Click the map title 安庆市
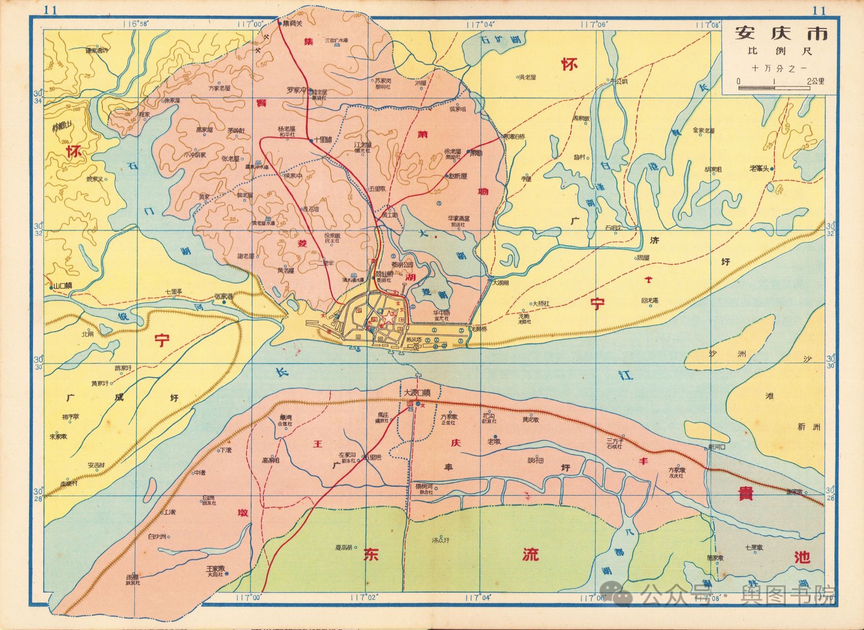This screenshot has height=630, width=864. pyautogui.click(x=781, y=33)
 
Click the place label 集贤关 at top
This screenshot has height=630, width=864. pyautogui.click(x=292, y=24)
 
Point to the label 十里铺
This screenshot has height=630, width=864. pyautogui.click(x=323, y=140)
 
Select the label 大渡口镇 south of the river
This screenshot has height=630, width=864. pyautogui.click(x=417, y=393)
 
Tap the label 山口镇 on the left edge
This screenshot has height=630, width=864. pyautogui.click(x=63, y=286)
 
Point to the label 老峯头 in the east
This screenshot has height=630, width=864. pyautogui.click(x=759, y=168)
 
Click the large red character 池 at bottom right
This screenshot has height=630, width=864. pyautogui.click(x=802, y=557)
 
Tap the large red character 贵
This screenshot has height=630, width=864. pyautogui.click(x=744, y=494)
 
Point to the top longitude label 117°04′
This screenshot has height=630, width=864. pyautogui.click(x=480, y=23)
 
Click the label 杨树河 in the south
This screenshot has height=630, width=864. pyautogui.click(x=423, y=486)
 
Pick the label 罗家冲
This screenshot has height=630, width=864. pyautogui.click(x=297, y=91)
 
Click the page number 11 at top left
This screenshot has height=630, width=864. pyautogui.click(x=50, y=10)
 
